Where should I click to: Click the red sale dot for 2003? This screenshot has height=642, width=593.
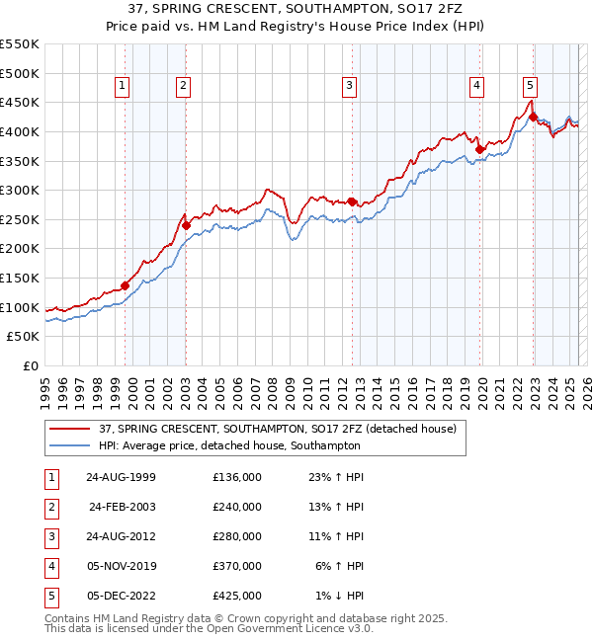tap(186, 225)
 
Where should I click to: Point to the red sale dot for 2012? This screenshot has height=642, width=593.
tap(352, 201)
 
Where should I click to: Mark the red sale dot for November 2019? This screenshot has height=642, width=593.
tap(479, 150)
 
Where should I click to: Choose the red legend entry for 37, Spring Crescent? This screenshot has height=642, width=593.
tap(277, 430)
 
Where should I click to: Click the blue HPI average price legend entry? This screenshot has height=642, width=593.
tap(229, 445)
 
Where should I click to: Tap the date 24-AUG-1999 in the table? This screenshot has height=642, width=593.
tap(121, 477)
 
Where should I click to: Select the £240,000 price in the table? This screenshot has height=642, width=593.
tap(237, 507)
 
